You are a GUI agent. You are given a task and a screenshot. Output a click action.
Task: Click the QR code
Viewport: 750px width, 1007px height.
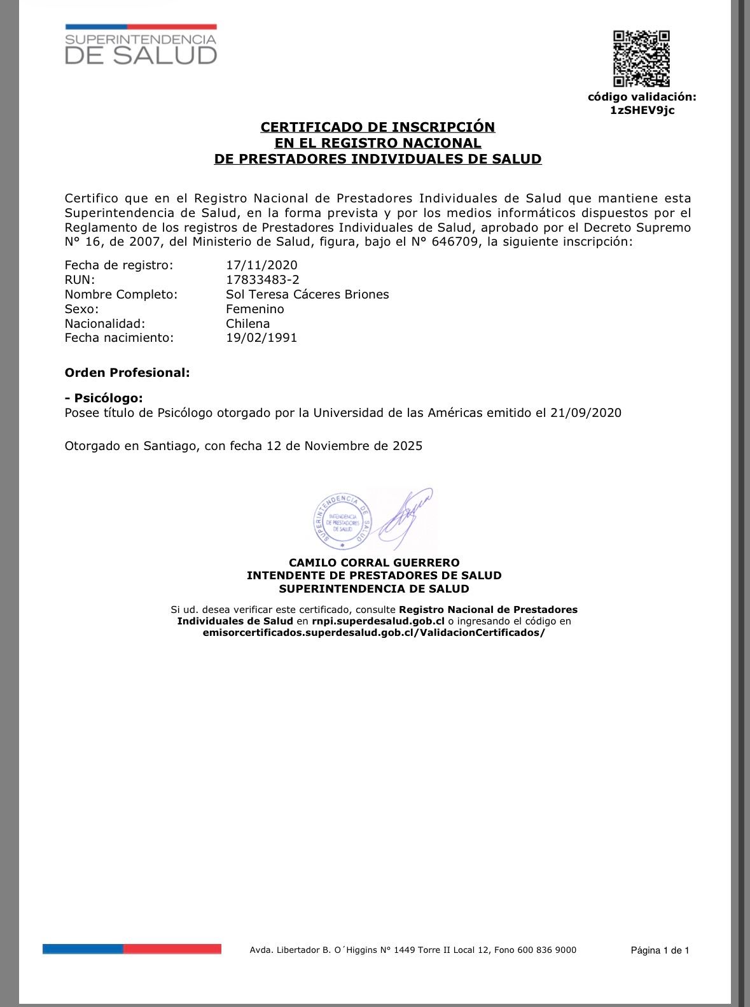641,59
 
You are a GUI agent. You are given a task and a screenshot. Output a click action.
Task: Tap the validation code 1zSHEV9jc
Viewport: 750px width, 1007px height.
642,110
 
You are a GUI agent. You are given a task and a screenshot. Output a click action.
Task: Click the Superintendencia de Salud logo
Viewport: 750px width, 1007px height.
141,45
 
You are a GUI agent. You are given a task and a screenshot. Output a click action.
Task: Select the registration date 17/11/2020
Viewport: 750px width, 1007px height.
261,265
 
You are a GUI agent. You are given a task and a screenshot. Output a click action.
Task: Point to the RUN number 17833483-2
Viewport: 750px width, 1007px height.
262,280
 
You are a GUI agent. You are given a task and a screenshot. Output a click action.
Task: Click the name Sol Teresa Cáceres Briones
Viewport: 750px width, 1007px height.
307,295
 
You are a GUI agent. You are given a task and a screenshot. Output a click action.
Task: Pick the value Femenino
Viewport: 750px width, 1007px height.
254,309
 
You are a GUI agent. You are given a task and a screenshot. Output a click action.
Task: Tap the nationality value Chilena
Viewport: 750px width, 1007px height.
247,324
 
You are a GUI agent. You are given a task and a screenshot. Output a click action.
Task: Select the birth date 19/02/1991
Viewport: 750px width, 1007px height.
261,338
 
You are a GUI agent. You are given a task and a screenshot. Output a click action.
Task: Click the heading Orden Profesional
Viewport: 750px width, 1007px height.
127,373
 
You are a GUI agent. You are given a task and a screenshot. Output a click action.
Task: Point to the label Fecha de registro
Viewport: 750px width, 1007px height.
118,265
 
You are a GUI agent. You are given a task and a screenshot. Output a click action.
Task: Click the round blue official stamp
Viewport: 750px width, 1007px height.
342,521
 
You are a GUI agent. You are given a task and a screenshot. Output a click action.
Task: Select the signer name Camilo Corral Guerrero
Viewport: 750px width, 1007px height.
374,563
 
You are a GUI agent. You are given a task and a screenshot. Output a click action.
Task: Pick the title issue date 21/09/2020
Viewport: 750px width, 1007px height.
586,413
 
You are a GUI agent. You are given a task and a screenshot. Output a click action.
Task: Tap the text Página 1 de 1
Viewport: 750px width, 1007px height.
660,950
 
